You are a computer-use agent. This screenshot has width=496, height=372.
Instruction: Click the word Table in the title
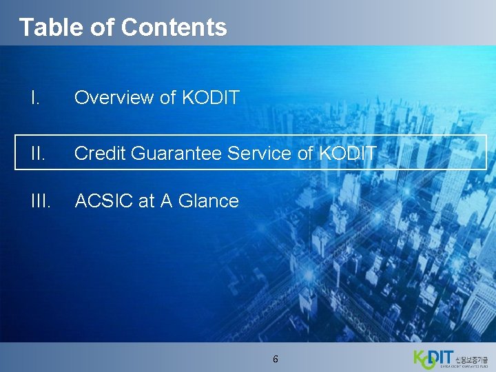point(43,27)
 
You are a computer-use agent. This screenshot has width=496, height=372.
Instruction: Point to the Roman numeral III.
point(41,201)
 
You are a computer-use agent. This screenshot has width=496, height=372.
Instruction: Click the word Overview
point(114,98)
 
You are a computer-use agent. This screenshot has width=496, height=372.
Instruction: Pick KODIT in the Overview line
point(210,98)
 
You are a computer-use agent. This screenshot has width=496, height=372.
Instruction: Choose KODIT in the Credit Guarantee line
point(348,153)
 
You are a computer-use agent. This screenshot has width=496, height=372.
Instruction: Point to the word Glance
point(209,201)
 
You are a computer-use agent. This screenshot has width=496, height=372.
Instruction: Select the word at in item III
point(146,201)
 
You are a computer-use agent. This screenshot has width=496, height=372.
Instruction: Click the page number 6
point(276,359)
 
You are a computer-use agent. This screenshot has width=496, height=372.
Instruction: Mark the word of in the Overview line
point(168,98)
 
